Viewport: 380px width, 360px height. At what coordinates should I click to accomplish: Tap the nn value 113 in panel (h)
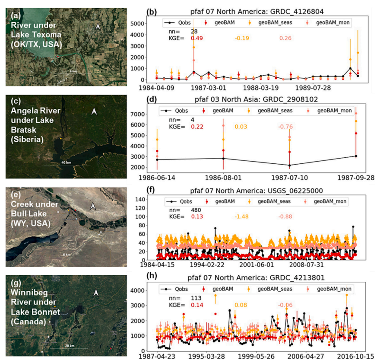click(197, 297)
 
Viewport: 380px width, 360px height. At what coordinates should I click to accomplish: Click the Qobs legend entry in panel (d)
click(178, 111)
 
